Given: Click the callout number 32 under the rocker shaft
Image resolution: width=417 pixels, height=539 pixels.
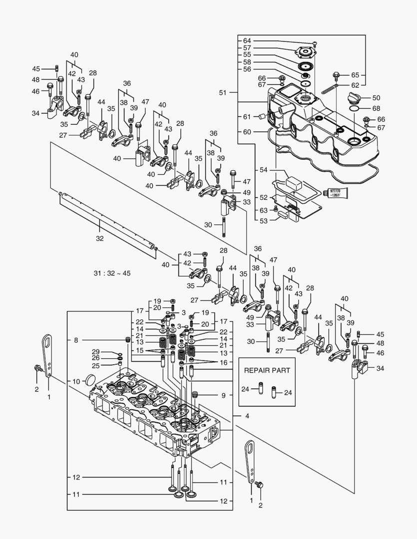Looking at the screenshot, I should tap(100, 239).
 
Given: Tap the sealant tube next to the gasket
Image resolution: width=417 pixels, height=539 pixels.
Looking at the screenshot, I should tap(337, 193).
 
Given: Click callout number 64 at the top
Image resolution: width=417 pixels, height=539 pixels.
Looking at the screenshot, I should tap(247, 40).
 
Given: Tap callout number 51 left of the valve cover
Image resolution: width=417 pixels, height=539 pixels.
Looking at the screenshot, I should tap(223, 93).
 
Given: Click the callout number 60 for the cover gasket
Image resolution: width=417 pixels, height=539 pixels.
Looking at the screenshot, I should tap(247, 132).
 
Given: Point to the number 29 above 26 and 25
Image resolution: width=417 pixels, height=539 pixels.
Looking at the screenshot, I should tap(96, 352).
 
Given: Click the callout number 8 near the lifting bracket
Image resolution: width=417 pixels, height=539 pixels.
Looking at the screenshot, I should tap(76, 340).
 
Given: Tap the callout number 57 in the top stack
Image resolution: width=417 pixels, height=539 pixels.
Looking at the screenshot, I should tap(247, 47).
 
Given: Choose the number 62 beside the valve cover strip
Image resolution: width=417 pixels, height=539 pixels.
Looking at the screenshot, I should tap(355, 85).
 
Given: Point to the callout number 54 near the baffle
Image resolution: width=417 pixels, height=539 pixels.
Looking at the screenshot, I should tap(262, 170).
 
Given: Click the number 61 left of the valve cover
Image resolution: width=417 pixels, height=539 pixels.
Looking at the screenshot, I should tap(247, 116).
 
